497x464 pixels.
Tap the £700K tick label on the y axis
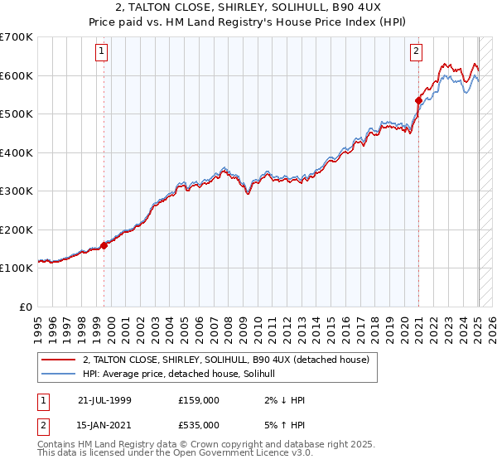point(17,37)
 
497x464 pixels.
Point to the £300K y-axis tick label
point(17,191)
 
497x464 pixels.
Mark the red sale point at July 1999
point(104,245)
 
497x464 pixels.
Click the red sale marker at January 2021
point(418,101)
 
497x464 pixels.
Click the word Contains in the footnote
point(56,445)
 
